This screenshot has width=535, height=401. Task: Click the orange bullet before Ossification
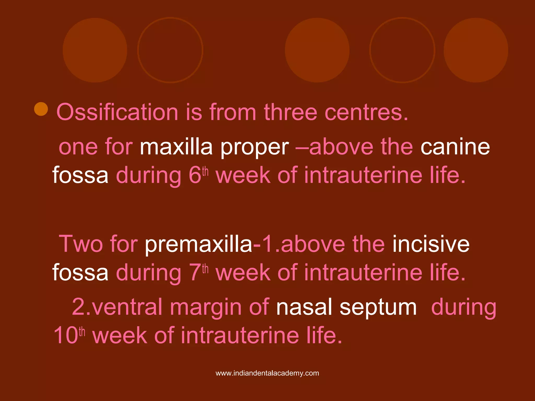[41, 109]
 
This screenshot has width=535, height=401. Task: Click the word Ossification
[117, 112]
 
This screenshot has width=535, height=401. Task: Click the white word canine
[455, 147]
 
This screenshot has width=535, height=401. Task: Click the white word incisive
[431, 244]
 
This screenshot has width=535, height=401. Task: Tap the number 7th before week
[198, 272]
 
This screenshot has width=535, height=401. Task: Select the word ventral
[127, 307]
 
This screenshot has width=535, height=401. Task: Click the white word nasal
[304, 307]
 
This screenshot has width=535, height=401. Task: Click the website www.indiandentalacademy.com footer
[267, 373]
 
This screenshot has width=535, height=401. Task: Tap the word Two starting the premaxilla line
[81, 244]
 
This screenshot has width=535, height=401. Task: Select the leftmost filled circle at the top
[95, 50]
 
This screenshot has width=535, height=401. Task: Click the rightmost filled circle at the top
[476, 50]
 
